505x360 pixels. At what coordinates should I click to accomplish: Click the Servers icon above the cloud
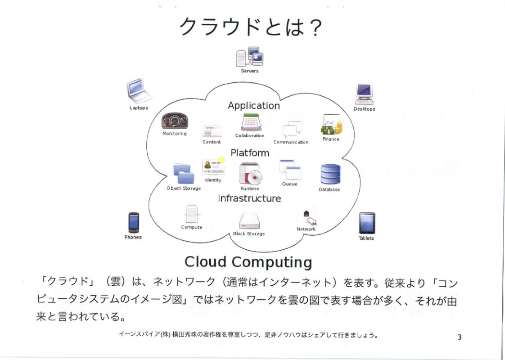(x=250, y=57)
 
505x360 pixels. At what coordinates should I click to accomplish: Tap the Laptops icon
(x=139, y=91)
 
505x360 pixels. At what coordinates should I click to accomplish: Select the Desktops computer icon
(x=364, y=94)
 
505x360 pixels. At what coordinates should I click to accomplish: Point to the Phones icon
(x=134, y=222)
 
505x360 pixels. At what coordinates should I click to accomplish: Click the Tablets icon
(x=367, y=223)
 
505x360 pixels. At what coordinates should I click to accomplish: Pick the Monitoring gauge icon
(x=175, y=121)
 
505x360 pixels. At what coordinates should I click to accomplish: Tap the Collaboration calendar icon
(x=250, y=122)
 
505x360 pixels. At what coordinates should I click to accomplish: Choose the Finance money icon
(x=331, y=125)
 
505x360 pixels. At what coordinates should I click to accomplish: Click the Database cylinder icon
(x=330, y=174)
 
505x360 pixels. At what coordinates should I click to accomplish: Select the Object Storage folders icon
(x=184, y=174)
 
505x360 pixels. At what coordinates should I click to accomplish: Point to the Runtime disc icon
(x=250, y=174)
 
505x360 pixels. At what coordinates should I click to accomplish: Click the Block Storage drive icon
(x=249, y=221)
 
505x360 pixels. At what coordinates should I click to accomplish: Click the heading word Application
(x=254, y=106)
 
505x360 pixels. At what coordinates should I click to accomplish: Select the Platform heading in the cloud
(x=250, y=153)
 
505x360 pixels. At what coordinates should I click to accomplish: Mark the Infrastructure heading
(x=249, y=198)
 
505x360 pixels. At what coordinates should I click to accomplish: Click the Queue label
(x=289, y=184)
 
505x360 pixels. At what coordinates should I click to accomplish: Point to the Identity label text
(x=212, y=180)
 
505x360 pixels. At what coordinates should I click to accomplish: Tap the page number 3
(x=460, y=337)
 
